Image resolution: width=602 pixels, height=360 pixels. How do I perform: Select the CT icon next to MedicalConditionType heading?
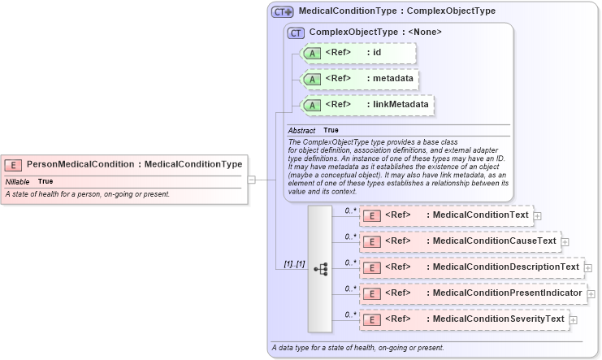[x=282, y=12]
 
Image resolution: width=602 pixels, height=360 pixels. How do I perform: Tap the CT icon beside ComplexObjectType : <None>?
[x=296, y=33]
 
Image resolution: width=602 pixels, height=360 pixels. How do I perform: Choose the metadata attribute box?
[x=359, y=80]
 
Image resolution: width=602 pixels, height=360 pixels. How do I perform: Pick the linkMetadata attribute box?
[x=366, y=105]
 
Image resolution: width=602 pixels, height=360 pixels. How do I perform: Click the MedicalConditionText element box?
[x=444, y=215]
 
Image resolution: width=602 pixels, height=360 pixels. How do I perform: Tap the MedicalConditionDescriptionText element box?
[x=470, y=267]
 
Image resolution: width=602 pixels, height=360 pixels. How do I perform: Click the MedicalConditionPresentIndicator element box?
[x=472, y=293]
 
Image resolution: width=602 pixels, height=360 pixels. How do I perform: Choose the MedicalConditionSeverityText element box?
[x=463, y=319]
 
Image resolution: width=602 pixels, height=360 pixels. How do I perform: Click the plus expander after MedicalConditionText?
[x=538, y=216]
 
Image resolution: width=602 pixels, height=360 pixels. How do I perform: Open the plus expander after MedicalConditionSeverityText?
[x=574, y=320]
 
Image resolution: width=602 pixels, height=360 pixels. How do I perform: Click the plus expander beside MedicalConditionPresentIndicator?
[x=592, y=294]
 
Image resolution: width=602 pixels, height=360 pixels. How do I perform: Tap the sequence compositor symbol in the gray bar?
[x=320, y=268]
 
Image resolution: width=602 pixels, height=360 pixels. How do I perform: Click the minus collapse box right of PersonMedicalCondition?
[x=252, y=180]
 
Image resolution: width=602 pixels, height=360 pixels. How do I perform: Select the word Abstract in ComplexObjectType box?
[x=301, y=130]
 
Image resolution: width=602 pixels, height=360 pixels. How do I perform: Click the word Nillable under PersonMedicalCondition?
[x=18, y=181]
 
